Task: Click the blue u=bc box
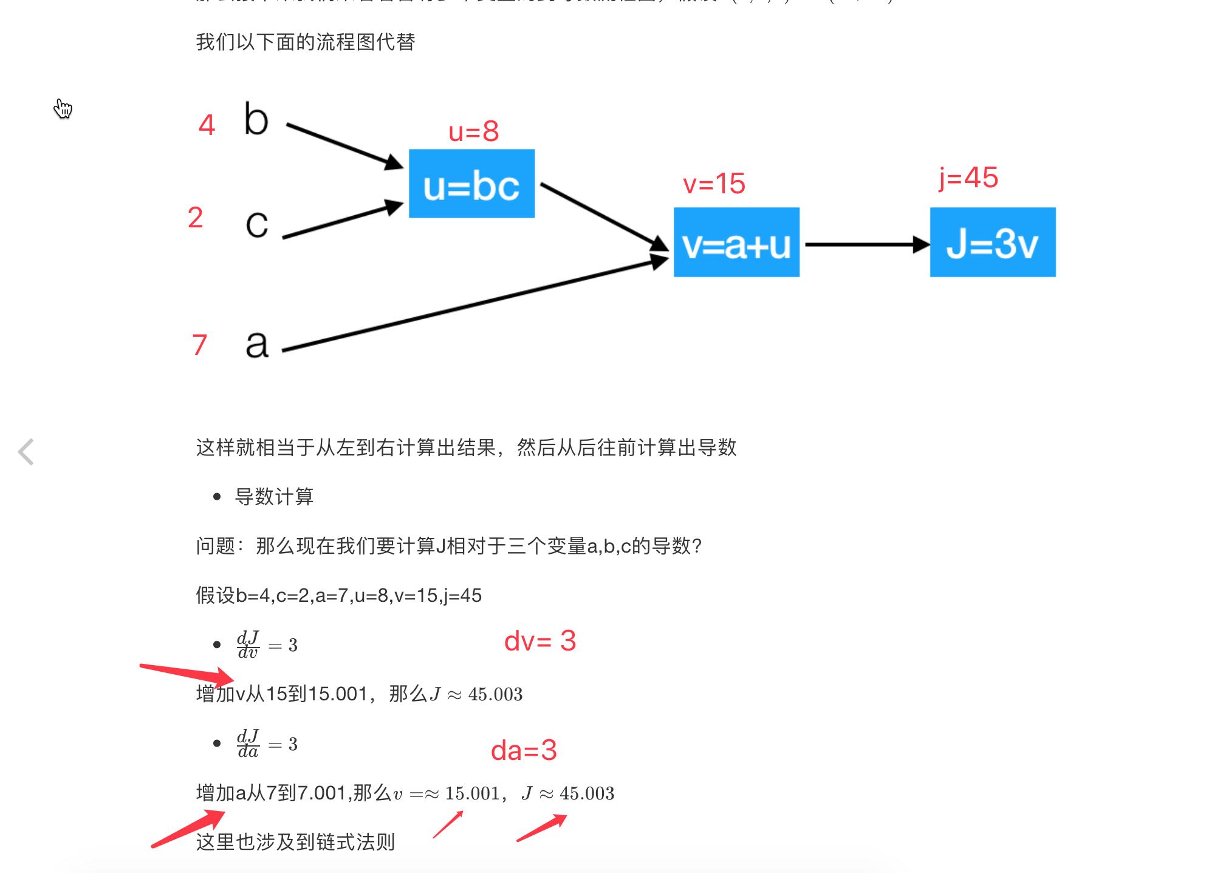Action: click(x=471, y=184)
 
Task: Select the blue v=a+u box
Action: click(x=736, y=243)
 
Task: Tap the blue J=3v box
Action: click(x=993, y=243)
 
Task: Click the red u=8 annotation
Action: click(x=473, y=131)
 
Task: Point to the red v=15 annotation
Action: click(x=714, y=184)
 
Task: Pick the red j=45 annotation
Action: click(x=968, y=178)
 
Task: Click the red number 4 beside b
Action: click(x=207, y=125)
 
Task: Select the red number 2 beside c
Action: click(x=195, y=218)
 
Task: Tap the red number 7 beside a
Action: click(x=199, y=345)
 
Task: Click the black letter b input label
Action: click(x=256, y=119)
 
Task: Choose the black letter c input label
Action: click(x=257, y=224)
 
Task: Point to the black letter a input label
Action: click(x=257, y=344)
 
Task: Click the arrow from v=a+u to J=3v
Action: click(x=866, y=244)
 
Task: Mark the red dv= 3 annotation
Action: click(x=539, y=641)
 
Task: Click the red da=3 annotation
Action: click(x=523, y=750)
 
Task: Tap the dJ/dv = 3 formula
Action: click(x=267, y=644)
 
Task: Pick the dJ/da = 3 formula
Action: click(x=267, y=744)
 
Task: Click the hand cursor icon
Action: click(x=63, y=109)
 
